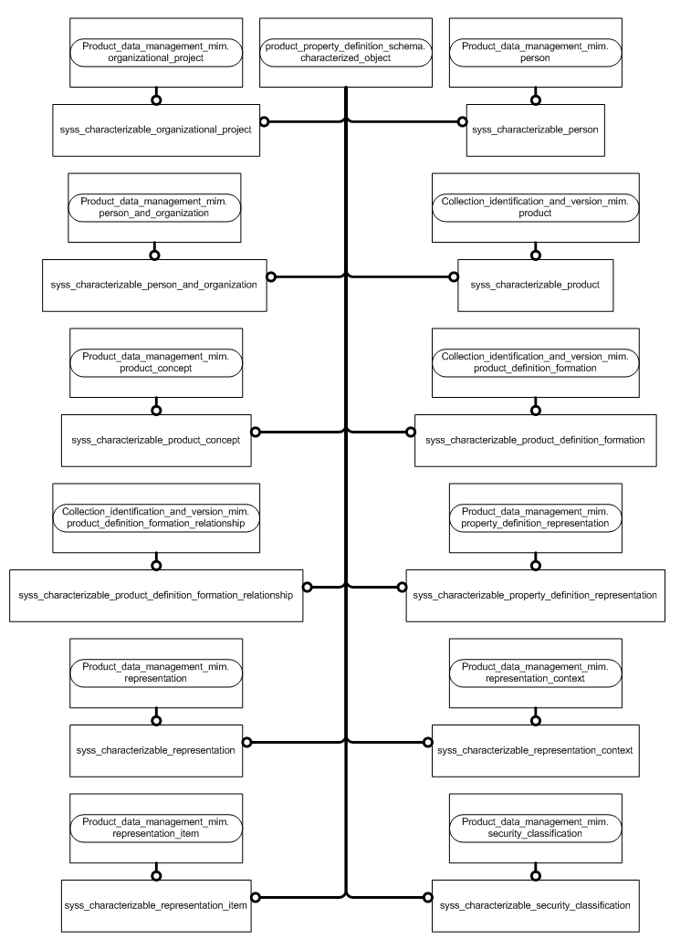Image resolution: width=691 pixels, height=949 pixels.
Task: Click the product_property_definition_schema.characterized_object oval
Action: click(x=346, y=52)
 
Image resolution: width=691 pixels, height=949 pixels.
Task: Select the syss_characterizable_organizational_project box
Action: click(x=155, y=130)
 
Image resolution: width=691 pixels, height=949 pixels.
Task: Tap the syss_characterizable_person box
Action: click(x=535, y=130)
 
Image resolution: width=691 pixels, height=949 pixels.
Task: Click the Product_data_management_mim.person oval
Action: click(x=535, y=52)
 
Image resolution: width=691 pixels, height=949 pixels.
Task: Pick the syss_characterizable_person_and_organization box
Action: click(x=155, y=285)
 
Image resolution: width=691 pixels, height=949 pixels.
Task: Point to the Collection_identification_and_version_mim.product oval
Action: click(x=535, y=207)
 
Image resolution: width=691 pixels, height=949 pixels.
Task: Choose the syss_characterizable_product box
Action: click(x=535, y=285)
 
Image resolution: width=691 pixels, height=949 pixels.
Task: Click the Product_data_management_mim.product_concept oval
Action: click(x=155, y=362)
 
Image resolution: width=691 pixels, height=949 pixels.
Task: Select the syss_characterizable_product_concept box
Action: click(x=155, y=440)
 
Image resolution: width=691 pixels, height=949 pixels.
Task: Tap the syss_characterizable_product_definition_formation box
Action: click(x=535, y=440)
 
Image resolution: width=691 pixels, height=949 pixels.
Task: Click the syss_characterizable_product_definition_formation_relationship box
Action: click(x=155, y=595)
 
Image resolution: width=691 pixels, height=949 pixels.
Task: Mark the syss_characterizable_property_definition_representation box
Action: click(x=535, y=595)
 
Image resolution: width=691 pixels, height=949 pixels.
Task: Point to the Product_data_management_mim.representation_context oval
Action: click(x=535, y=673)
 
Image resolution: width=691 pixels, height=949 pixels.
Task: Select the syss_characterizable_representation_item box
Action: click(x=155, y=905)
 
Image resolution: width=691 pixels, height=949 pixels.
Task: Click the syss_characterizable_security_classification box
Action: click(x=535, y=905)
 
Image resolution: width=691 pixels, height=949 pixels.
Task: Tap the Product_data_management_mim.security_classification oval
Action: click(x=535, y=828)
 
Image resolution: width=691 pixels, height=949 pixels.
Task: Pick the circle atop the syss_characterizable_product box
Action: click(x=535, y=255)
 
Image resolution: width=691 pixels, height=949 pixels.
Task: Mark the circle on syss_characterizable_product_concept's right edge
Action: click(x=257, y=431)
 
